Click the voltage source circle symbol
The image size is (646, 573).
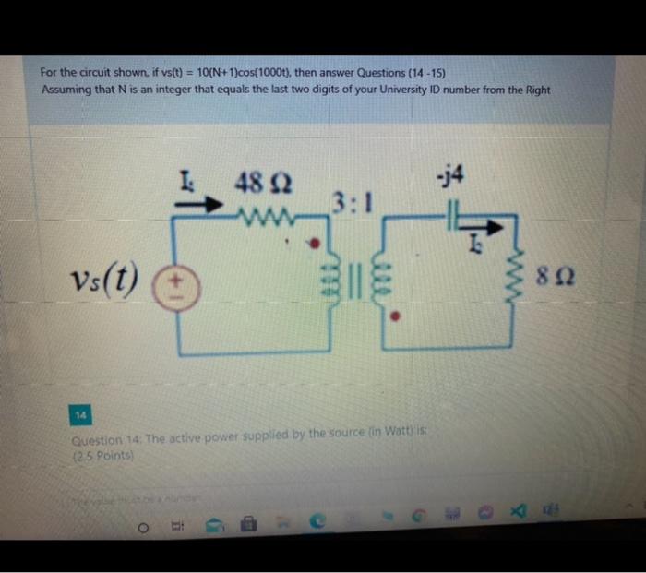[177, 281]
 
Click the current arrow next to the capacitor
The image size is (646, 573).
[492, 227]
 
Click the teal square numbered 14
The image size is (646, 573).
[80, 416]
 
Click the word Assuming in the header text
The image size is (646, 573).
[66, 90]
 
